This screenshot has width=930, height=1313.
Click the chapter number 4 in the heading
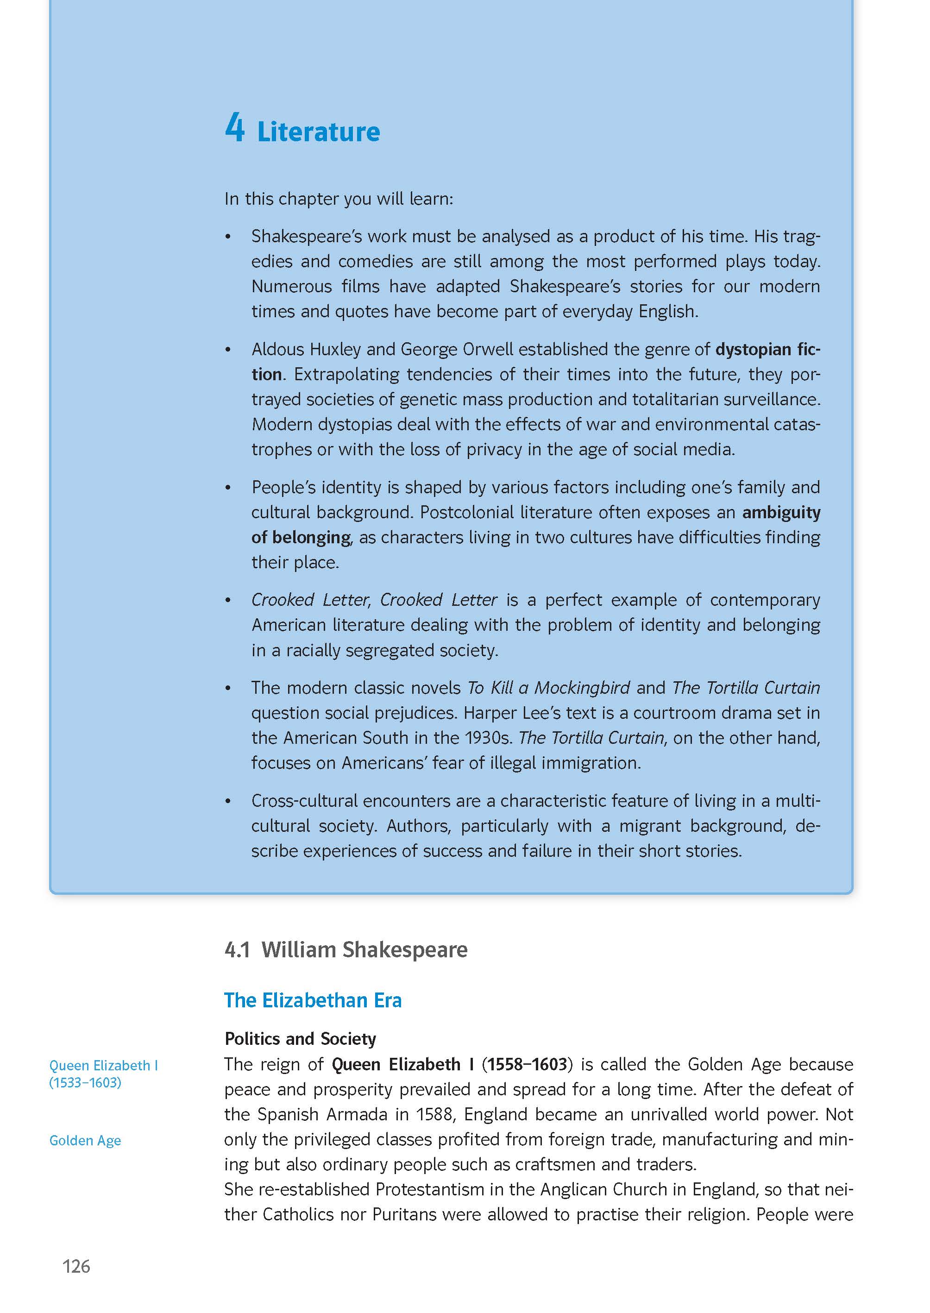click(235, 128)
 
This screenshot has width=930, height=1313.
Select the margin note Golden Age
click(85, 1140)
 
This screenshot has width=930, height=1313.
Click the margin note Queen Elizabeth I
click(103, 1065)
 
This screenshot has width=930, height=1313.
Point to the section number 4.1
click(237, 949)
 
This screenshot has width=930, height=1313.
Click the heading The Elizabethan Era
click(313, 1000)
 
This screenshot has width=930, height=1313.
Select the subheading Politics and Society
click(300, 1038)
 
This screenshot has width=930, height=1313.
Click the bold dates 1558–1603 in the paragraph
click(527, 1064)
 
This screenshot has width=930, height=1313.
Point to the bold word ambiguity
click(781, 512)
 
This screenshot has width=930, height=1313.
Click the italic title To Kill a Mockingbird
click(548, 687)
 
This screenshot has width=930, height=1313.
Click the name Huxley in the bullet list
click(327, 349)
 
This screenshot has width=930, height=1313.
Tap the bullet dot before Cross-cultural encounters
click(228, 801)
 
